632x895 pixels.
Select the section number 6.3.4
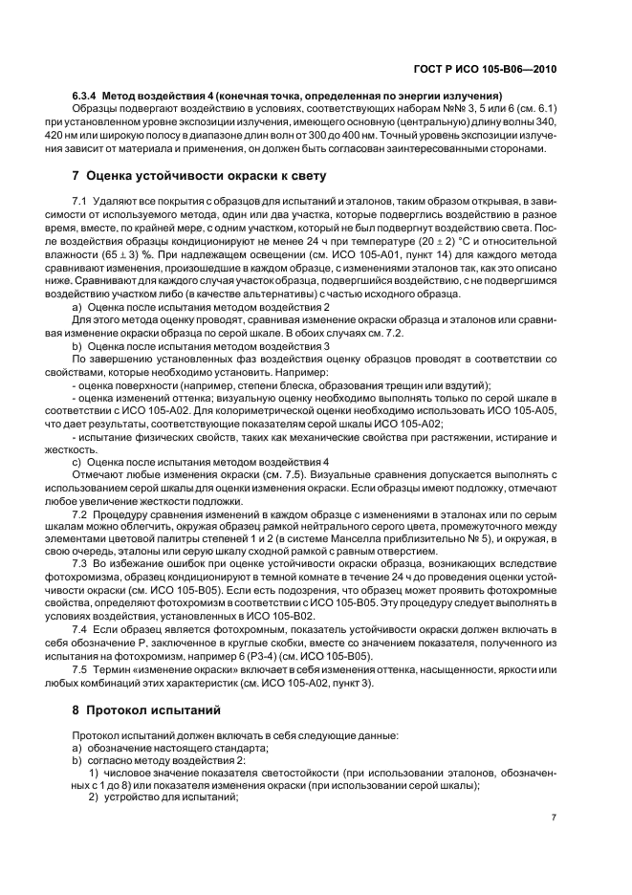click(x=87, y=95)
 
